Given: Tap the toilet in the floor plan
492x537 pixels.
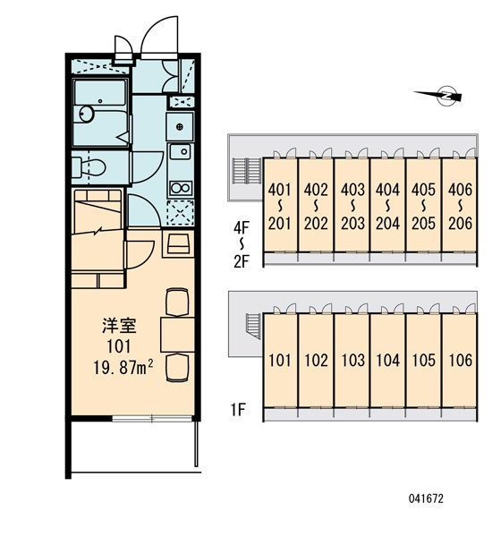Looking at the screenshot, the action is (x=89, y=167).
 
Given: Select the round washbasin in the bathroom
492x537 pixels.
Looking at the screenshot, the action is (x=86, y=114).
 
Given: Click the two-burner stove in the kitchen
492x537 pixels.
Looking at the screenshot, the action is (x=181, y=188).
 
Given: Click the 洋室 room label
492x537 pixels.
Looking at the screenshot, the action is (x=120, y=326).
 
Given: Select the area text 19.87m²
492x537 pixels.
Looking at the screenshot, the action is (x=123, y=368).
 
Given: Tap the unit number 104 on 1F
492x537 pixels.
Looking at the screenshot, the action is (x=388, y=361).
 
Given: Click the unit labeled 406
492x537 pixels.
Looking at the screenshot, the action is (x=460, y=190).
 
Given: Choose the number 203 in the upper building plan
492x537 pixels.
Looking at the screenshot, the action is (x=352, y=224).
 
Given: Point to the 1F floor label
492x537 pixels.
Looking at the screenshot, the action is (x=238, y=409).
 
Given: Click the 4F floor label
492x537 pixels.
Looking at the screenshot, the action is (x=242, y=227).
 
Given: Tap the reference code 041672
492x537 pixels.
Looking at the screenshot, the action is (x=426, y=499).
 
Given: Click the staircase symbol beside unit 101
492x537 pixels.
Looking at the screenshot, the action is (x=252, y=326).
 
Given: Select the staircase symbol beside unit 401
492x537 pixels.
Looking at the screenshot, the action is (x=247, y=171).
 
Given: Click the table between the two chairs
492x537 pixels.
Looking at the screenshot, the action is (x=177, y=335).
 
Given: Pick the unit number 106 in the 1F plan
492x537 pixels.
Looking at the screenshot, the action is (x=461, y=361).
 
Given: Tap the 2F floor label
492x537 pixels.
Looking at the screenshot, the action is (x=242, y=261).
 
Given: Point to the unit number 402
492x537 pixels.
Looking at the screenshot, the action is (x=316, y=190).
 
